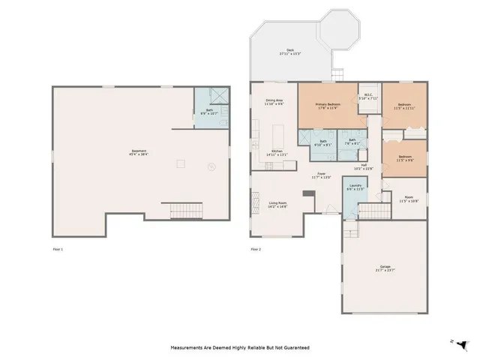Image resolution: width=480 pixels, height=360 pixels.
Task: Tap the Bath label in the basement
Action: click(210, 112)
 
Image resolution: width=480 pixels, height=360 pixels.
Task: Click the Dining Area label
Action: click(274, 102)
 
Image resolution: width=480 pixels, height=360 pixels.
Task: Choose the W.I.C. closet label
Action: click(368, 95)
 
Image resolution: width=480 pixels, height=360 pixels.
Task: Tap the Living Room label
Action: click(278, 203)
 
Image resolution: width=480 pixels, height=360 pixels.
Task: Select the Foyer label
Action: click(321, 175)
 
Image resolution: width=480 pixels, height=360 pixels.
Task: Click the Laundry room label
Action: click(355, 187)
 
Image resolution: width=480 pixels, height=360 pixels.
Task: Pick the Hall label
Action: click(364, 166)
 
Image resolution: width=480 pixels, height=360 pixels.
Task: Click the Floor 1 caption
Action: click(58, 248)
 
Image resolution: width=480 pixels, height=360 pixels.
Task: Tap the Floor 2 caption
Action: click(256, 248)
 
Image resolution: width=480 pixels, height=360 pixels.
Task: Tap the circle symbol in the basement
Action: click(211, 166)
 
